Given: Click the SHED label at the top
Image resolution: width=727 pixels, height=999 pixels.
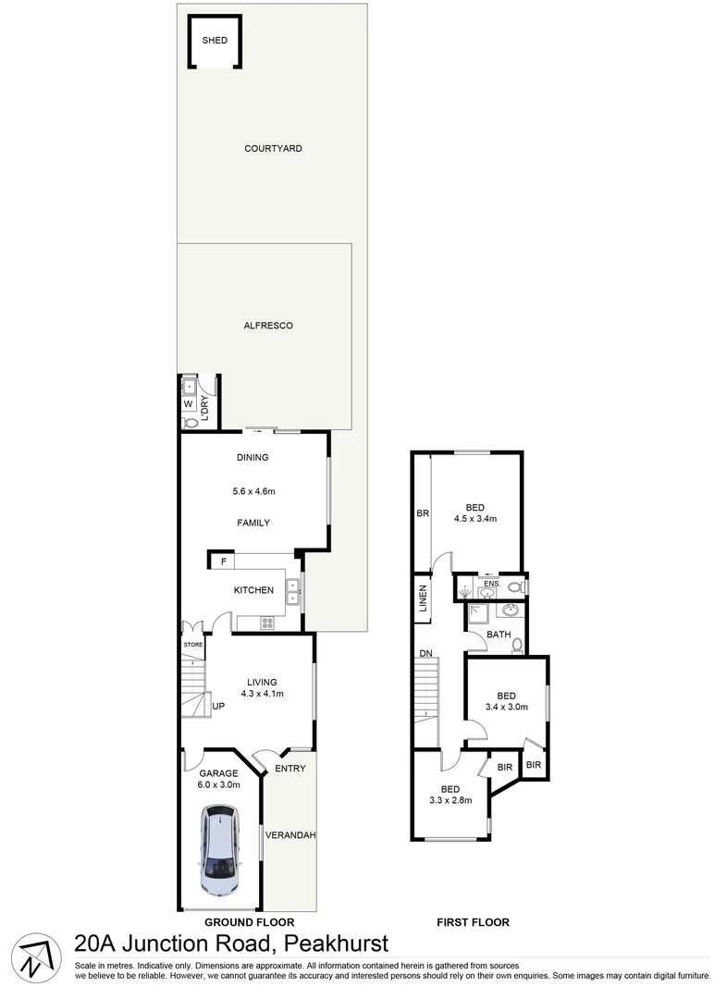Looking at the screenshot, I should [x=215, y=41].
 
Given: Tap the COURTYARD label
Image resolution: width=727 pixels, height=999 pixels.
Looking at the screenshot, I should [x=273, y=148].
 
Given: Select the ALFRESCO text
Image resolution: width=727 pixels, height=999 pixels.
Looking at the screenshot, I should [x=268, y=326].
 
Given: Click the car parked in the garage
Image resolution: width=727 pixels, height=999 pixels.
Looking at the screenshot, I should [x=220, y=850].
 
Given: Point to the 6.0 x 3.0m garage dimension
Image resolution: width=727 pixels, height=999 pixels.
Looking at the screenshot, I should [x=218, y=785].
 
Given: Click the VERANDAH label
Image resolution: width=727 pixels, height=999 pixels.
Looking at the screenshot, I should [x=290, y=835].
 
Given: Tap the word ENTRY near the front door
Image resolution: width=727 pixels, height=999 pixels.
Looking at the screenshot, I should [x=290, y=769].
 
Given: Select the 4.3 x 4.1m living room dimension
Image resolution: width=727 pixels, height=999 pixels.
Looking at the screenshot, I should [x=262, y=693].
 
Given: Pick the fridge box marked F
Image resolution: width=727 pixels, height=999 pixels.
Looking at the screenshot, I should [x=222, y=561].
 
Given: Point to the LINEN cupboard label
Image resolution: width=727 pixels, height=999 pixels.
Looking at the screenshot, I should [x=423, y=599].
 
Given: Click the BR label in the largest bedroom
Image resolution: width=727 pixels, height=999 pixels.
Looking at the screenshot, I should [x=423, y=513].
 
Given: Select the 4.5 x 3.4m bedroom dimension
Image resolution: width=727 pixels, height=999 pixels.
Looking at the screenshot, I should [x=475, y=519].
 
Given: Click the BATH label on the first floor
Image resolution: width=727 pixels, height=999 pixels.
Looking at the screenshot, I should [x=499, y=635].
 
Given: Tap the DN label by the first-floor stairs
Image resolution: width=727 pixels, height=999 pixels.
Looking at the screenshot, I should [x=425, y=654].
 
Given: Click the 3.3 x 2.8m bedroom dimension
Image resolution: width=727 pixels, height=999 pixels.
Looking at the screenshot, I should [x=450, y=800].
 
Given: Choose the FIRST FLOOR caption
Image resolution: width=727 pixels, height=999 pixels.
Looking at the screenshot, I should [x=473, y=922].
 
